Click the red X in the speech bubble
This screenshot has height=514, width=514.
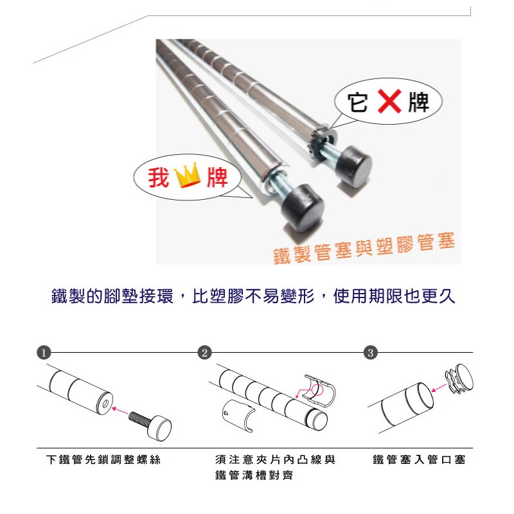click(x=389, y=102)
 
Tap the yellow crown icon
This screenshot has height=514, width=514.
click(x=188, y=175)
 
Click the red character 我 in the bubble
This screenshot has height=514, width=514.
click(x=158, y=177)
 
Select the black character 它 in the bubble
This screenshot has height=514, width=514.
click(x=358, y=102)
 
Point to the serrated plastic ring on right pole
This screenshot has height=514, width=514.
click(x=315, y=142)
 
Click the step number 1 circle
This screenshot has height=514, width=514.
click(x=44, y=353)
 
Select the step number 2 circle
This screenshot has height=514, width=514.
click(x=205, y=353)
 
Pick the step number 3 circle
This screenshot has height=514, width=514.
click(x=371, y=353)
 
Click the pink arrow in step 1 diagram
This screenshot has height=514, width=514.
click(x=120, y=411)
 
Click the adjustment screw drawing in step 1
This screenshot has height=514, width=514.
click(x=150, y=425)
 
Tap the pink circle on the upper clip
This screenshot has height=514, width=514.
click(x=317, y=389)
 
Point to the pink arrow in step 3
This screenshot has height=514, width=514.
click(x=439, y=388)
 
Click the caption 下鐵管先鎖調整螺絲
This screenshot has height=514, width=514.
click(x=103, y=459)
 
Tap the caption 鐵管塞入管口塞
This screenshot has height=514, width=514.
click(x=420, y=459)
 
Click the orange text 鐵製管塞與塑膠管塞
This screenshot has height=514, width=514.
click(x=364, y=248)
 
